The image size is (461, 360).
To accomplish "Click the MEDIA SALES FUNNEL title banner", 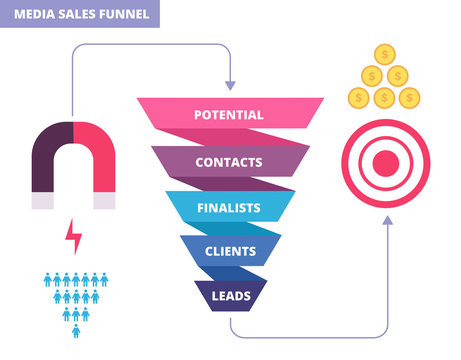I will pyautogui.click(x=80, y=14).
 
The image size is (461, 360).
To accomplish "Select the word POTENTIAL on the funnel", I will pyautogui.click(x=229, y=115).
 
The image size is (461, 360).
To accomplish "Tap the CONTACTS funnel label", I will pyautogui.click(x=229, y=161).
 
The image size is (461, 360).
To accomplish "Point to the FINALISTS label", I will pyautogui.click(x=228, y=207).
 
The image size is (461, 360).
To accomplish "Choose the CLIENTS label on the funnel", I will pyautogui.click(x=228, y=251).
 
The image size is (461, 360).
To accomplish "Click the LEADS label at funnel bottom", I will pyautogui.click(x=228, y=295).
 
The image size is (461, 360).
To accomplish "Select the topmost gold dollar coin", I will pyautogui.click(x=384, y=56).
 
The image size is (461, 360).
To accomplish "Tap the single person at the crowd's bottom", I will pyautogui.click(x=74, y=331).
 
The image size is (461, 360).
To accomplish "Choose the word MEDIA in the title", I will pyautogui.click(x=34, y=14).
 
